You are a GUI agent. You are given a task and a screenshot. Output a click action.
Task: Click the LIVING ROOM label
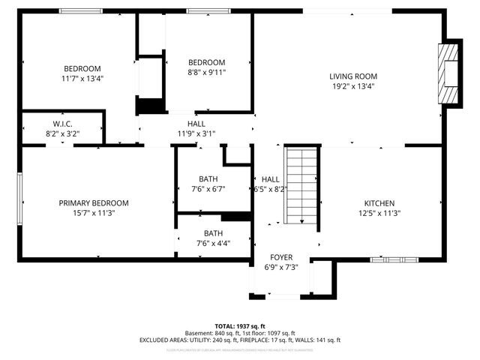352,76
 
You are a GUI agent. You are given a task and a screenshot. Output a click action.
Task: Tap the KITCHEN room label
379,203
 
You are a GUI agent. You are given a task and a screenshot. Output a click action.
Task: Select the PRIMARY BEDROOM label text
94,203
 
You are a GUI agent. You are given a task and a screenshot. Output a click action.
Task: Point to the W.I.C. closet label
62,124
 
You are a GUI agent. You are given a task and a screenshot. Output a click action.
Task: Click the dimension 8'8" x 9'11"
206,72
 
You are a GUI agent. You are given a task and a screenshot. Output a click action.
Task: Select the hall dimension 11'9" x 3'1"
196,133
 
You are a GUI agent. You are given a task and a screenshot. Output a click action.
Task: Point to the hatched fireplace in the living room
448,75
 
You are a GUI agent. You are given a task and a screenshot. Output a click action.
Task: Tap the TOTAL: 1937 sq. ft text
240,326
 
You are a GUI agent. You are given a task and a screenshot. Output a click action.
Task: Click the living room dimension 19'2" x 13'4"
352,86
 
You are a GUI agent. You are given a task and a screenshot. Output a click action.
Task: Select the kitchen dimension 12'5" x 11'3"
379,213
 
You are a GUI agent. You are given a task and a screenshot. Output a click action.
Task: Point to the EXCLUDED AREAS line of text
240,340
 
